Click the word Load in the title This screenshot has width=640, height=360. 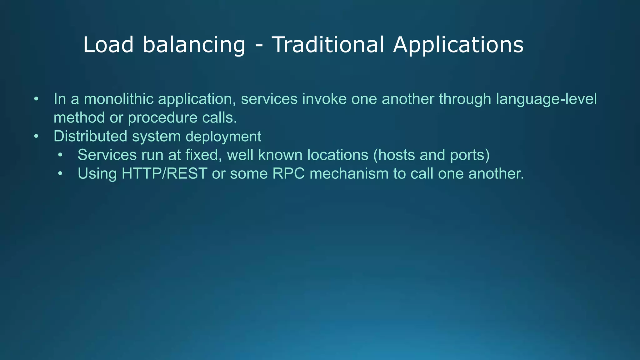pyautogui.click(x=108, y=45)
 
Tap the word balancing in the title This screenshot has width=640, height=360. pyautogui.click(x=194, y=45)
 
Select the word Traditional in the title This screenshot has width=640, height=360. pyautogui.click(x=327, y=45)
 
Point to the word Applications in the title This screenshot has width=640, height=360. pyautogui.click(x=458, y=45)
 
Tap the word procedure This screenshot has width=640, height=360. pyautogui.click(x=162, y=118)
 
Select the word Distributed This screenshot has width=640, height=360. pyautogui.click(x=90, y=136)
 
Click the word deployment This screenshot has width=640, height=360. pyautogui.click(x=223, y=137)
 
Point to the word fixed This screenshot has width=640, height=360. pyautogui.click(x=203, y=155)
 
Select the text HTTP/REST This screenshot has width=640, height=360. pyautogui.click(x=164, y=173)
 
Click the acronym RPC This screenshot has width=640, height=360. pyautogui.click(x=288, y=173)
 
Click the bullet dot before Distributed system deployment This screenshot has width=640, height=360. pyautogui.click(x=36, y=137)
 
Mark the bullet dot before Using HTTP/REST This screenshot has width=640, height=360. pyautogui.click(x=60, y=174)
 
